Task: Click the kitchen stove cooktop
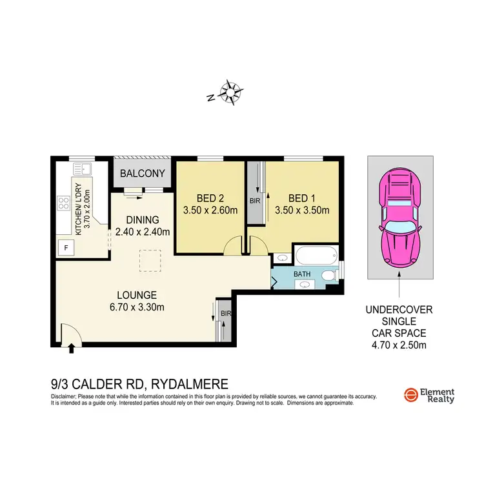[x=65, y=203]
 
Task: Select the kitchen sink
[x=82, y=170]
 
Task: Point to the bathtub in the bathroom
[x=316, y=256]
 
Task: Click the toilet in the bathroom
[x=330, y=276]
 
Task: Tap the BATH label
[x=302, y=274]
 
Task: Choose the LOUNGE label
[x=137, y=296]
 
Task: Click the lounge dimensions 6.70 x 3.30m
[x=137, y=307]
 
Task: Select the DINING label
[x=142, y=219]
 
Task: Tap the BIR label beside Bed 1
[x=254, y=201]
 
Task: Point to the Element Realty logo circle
[x=409, y=395]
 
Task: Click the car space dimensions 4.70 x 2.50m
[x=400, y=345]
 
